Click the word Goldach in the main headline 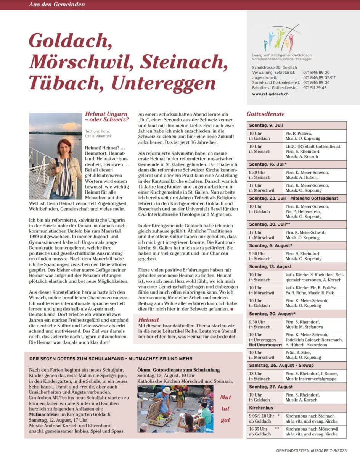click(x=70, y=40)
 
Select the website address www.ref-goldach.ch click(x=270, y=94)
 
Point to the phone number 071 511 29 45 click(x=315, y=88)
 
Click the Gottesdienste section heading click(x=265, y=114)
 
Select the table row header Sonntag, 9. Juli click(x=266, y=125)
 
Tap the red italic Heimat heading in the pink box click(x=149, y=319)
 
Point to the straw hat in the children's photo click(x=166, y=390)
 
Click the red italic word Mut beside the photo click(x=225, y=397)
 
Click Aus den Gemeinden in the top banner click(x=57, y=5)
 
